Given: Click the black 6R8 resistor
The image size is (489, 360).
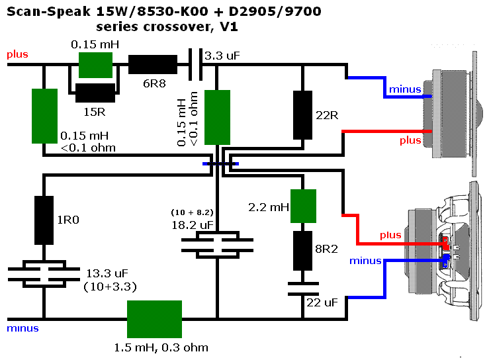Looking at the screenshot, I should [153, 64].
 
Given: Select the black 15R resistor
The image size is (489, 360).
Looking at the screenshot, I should [95, 93].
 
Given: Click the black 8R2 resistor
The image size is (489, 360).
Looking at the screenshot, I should [303, 251].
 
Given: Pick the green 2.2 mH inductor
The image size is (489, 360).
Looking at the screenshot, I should [303, 206].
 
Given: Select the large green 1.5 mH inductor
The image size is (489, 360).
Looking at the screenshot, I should [154, 318].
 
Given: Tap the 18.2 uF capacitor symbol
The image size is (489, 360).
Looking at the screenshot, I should [216, 244].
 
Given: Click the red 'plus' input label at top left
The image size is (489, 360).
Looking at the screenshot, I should [17, 54].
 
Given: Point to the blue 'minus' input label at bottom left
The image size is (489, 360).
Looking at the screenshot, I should [22, 328].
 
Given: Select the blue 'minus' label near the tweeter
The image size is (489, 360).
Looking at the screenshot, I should [404, 89].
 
